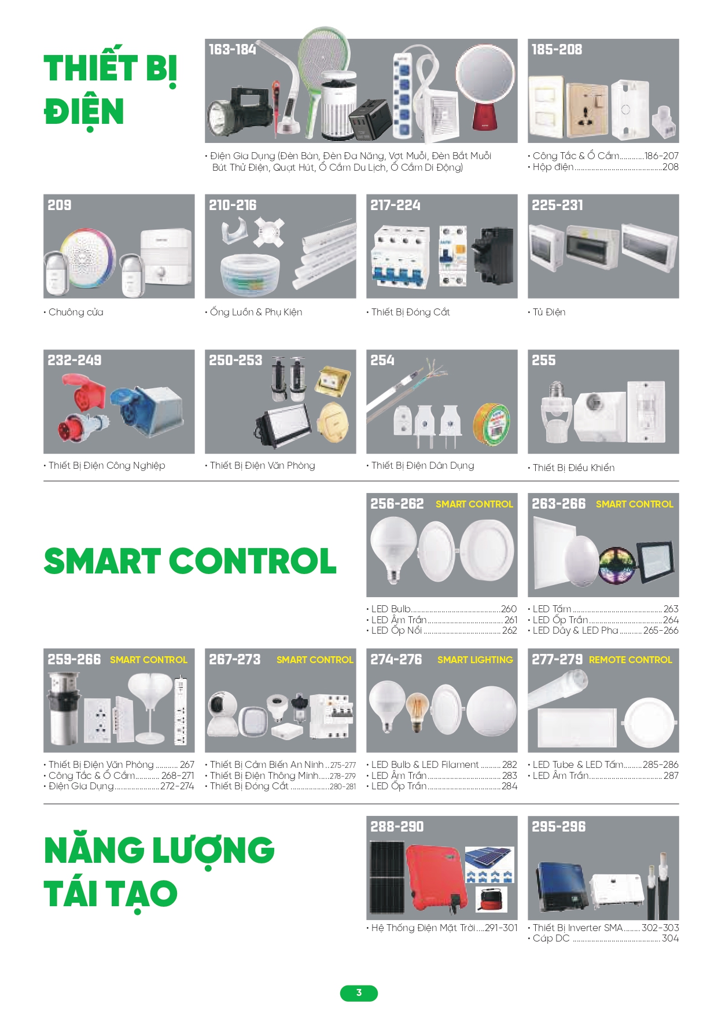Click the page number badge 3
coord(359,993)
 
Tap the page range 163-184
coord(233,50)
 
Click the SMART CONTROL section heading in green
coord(190,561)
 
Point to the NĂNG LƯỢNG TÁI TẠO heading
coord(159,871)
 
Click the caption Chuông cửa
coord(75,312)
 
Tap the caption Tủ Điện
coord(548,312)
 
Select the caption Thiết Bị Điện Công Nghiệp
coord(106,466)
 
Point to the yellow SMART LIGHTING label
coord(475,660)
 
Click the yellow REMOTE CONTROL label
coord(630,660)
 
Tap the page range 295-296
coord(558,827)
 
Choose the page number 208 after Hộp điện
coord(670,167)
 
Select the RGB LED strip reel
coord(617,565)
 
